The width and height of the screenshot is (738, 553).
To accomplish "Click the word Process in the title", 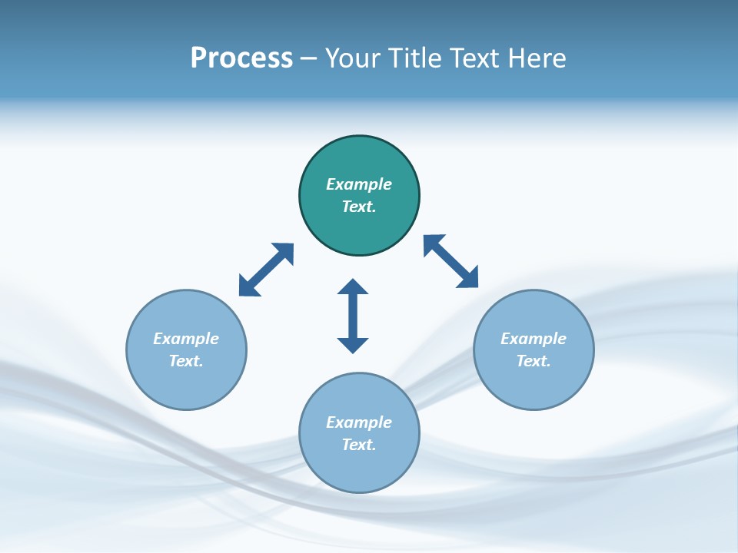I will (x=241, y=58).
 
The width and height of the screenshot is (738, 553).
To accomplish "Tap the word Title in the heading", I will (x=416, y=58).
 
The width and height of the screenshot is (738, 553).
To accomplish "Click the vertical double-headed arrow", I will (x=353, y=316).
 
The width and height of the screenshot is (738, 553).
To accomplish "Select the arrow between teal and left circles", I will (x=266, y=270).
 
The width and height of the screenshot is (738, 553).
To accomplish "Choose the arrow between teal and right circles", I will (x=450, y=261).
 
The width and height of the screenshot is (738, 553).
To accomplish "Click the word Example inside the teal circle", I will (x=359, y=184).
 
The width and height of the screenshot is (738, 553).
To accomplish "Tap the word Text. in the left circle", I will (x=186, y=361).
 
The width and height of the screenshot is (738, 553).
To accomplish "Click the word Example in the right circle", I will (x=534, y=339).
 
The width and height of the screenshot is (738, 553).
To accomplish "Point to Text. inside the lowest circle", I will (x=359, y=445).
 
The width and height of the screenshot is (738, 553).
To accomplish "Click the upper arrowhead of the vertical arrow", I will (x=353, y=287).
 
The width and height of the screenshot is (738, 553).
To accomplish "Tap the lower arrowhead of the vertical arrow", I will (x=353, y=344).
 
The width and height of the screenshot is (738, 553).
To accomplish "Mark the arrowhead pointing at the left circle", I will (x=247, y=287).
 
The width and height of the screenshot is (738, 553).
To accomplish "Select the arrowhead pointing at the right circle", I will (x=468, y=278).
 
